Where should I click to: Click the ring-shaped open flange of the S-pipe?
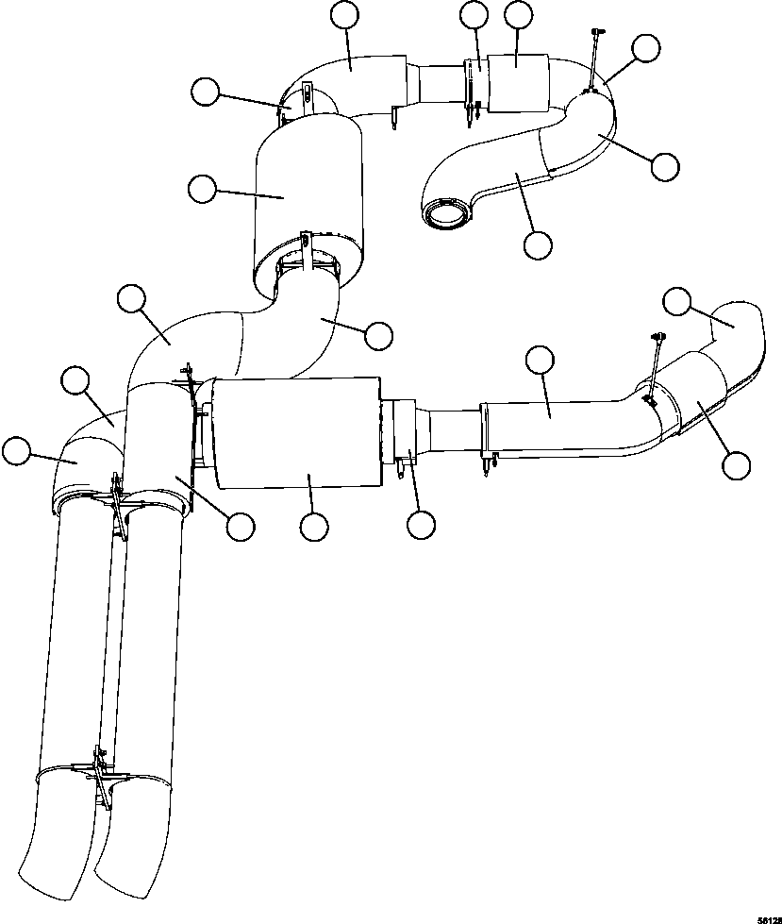click(446, 212)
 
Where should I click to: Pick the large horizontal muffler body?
click(297, 432)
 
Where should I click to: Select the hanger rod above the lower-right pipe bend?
click(655, 363)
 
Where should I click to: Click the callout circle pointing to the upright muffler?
click(202, 189)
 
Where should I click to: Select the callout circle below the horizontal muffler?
click(313, 527)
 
